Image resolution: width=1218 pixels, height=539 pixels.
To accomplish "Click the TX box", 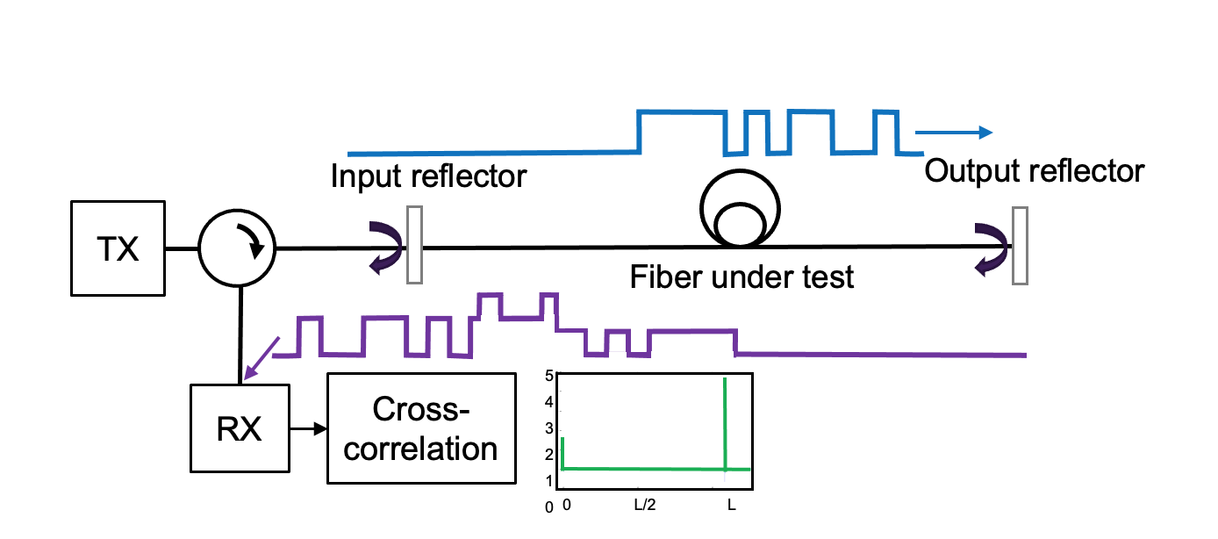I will pos(117,249).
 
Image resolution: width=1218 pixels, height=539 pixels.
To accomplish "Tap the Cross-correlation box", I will pos(421,428).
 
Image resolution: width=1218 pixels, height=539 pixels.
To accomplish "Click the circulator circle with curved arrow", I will pos(237,248).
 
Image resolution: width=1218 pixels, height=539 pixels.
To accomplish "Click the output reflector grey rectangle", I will pos(1019,246).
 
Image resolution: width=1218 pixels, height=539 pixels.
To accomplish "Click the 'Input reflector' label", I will pos(428,176).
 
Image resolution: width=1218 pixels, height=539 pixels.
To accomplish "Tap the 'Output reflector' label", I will pos(1035,170).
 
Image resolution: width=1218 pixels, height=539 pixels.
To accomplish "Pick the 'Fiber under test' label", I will pos(742,278).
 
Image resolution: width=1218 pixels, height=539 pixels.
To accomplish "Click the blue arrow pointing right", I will pos(954,133).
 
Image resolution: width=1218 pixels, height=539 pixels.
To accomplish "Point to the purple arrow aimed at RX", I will pos(262,358).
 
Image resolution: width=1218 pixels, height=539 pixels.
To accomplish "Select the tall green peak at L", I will pos(725,421).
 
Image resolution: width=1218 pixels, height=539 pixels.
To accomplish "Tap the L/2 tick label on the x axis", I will pos(644,507).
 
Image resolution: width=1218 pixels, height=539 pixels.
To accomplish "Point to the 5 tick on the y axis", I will pos(549,377).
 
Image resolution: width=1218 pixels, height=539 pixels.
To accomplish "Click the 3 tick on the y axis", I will pos(549,429).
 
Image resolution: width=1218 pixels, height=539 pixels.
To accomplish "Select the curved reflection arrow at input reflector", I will pos(386,247).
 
